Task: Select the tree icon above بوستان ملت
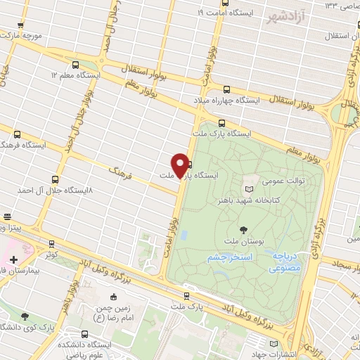pyautogui.click(x=243, y=229)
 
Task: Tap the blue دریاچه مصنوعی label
pyautogui.click(x=288, y=262)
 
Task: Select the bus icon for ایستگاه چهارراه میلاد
pyautogui.click(x=226, y=89)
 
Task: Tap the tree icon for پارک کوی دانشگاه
pyautogui.click(x=26, y=317)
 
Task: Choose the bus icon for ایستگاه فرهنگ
pyautogui.click(x=17, y=133)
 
